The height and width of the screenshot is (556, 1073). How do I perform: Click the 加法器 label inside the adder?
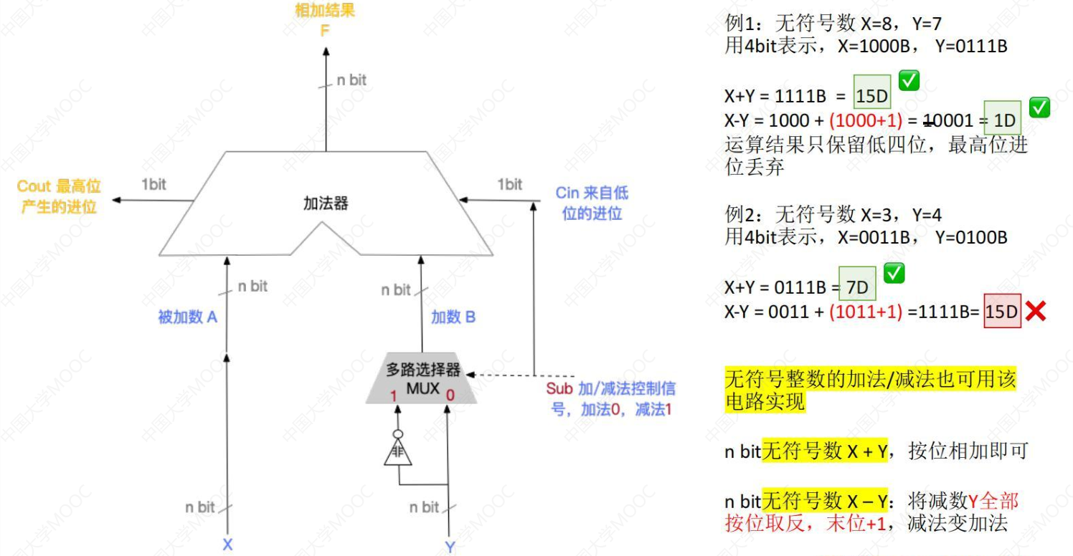click(x=326, y=203)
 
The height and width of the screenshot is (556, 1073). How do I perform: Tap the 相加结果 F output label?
click(x=325, y=19)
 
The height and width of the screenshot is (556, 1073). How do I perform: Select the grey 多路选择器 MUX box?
click(x=422, y=380)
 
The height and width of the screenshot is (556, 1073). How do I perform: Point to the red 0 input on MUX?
click(x=450, y=395)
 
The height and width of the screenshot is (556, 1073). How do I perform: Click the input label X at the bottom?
click(x=227, y=545)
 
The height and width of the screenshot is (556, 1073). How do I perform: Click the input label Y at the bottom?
click(x=450, y=547)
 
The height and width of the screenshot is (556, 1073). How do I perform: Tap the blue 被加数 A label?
click(x=187, y=317)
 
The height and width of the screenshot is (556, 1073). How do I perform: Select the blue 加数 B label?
click(x=453, y=317)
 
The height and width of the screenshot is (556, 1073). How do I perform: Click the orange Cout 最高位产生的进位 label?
click(x=59, y=196)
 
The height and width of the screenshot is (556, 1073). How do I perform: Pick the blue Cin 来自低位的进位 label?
click(x=592, y=203)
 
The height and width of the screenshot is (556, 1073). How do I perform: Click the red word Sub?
click(x=559, y=389)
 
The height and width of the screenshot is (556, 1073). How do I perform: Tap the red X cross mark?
click(x=1034, y=311)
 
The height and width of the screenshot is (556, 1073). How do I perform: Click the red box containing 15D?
click(x=1002, y=312)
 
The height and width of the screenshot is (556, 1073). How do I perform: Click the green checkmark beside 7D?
click(x=894, y=273)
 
